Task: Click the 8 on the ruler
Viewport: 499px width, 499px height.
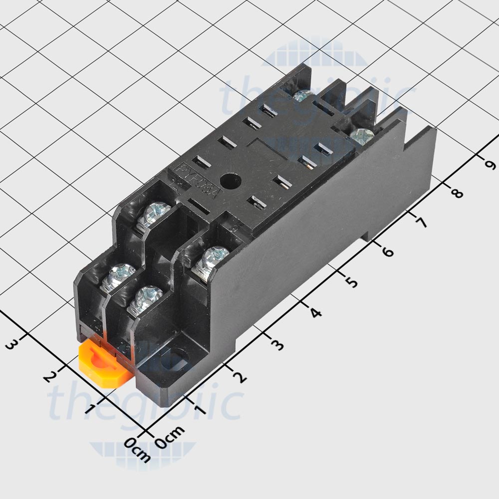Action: click(x=455, y=192)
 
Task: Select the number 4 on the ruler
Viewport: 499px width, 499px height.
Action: click(x=315, y=313)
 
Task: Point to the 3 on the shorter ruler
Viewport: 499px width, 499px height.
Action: click(x=12, y=344)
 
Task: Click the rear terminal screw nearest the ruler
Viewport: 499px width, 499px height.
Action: click(x=362, y=135)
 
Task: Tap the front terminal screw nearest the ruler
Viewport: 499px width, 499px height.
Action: click(x=212, y=257)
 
